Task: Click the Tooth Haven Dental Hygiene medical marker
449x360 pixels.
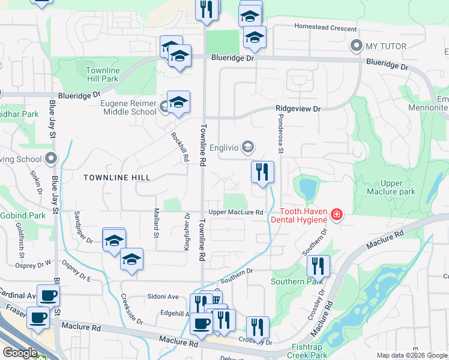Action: [x=336, y=214]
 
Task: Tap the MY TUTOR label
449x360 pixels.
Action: [x=385, y=46]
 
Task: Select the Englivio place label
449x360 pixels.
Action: [x=225, y=147]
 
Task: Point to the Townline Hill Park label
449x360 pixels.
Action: [x=103, y=74]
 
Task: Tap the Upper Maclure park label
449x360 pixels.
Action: [x=398, y=187]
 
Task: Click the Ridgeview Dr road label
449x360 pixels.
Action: [x=298, y=109]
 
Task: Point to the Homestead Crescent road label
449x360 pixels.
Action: [x=325, y=26]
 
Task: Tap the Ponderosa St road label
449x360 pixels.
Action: [x=280, y=137]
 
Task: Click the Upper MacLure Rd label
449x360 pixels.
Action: [x=236, y=212]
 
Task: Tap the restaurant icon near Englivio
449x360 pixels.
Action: [x=262, y=172]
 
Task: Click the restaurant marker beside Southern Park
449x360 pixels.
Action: [x=318, y=266]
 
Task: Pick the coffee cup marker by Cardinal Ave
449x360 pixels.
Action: [x=48, y=295]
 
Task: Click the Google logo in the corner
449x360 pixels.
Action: [x=20, y=353]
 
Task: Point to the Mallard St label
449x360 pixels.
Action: [x=156, y=223]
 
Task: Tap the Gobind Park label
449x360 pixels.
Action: [x=23, y=215]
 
